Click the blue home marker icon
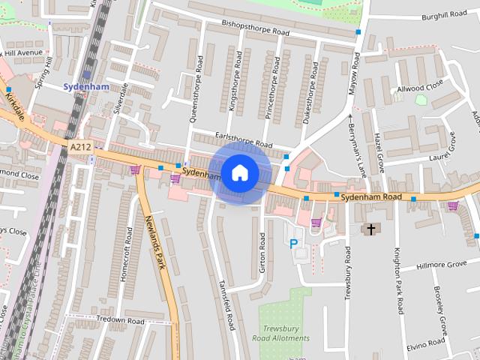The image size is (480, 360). coord(240,173)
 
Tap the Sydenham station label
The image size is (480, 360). coord(86,86)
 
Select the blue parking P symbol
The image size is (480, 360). coord(293,244)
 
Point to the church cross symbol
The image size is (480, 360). coord(370,228)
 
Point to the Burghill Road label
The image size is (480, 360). coord(444,14)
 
